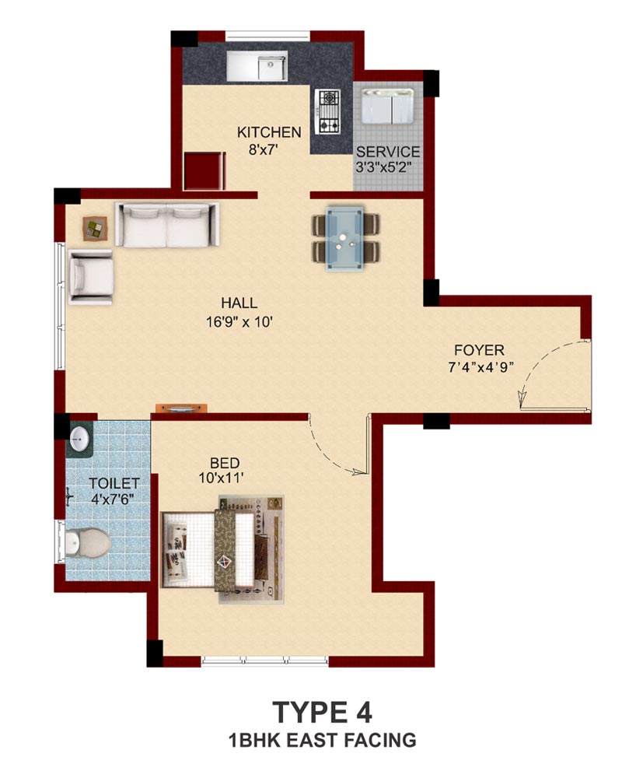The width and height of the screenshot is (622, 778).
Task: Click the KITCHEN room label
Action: point(269,132)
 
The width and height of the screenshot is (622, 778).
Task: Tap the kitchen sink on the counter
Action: point(257,65)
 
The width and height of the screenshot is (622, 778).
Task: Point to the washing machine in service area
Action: point(387,106)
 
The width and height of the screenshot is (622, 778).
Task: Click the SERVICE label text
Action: point(388,152)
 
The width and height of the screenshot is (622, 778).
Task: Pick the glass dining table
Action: point(344,239)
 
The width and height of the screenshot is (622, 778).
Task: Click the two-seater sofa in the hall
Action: point(166,224)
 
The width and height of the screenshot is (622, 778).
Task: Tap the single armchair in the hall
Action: point(90,276)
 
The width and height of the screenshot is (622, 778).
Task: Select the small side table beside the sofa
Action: point(95,229)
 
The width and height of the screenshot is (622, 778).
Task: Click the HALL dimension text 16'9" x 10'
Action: point(239,322)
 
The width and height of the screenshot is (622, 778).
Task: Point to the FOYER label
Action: point(479,350)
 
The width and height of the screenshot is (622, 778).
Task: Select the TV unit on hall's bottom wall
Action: point(181,408)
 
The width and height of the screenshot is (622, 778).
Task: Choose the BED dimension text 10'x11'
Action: point(222,478)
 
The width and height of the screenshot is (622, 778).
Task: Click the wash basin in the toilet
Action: point(79,438)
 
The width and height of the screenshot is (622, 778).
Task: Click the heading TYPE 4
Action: point(323,713)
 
